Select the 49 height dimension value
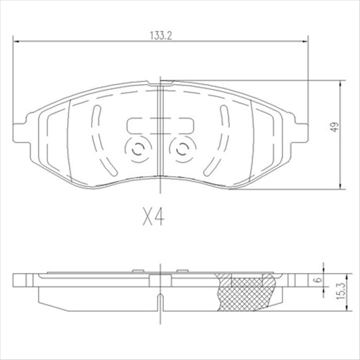coord(333,129)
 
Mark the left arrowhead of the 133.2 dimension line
coord(17,42)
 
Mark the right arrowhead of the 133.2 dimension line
coord(305,42)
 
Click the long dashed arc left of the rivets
coord(96,140)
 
